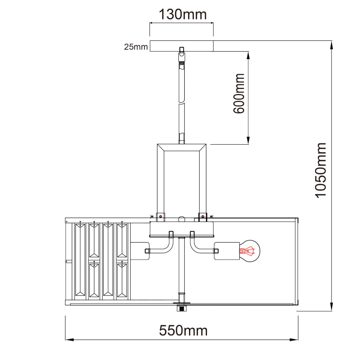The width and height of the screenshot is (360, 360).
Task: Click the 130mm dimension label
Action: point(182,15)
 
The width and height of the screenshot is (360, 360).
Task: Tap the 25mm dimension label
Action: point(136,47)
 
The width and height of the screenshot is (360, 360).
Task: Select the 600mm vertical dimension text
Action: point(239,93)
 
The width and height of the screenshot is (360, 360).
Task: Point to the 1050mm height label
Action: point(320,170)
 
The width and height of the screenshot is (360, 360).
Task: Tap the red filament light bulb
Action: point(249,251)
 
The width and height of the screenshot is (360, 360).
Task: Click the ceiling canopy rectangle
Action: point(181,46)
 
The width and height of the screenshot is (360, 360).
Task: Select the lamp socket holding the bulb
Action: point(227,251)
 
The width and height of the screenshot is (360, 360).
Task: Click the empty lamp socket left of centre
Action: point(140,251)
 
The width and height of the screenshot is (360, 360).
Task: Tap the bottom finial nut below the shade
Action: point(181,308)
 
